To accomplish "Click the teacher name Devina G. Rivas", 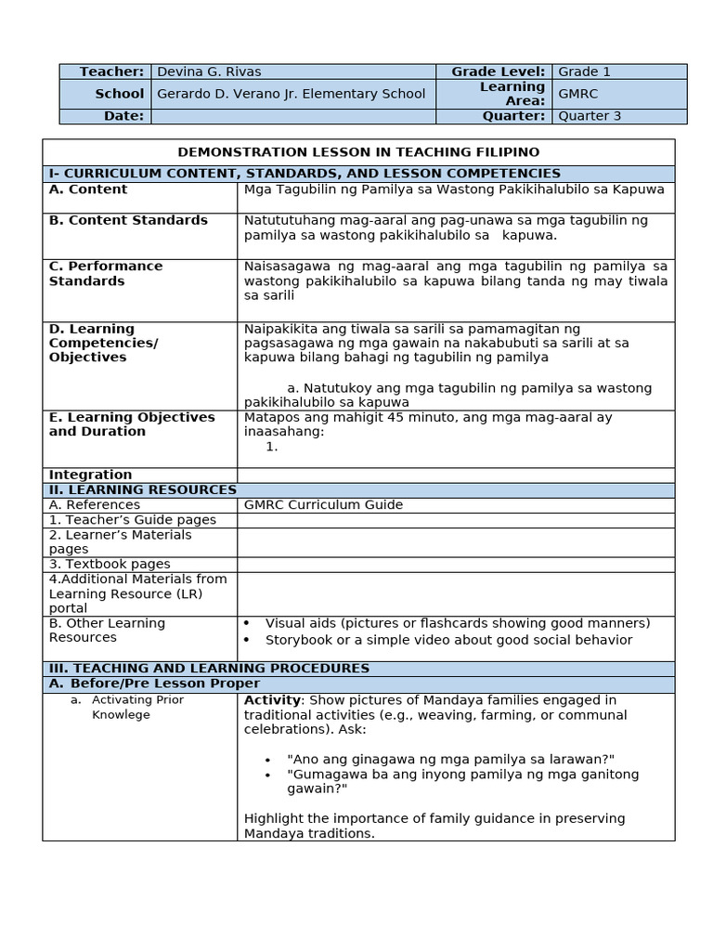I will point(209,72).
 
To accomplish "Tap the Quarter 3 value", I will point(590,116).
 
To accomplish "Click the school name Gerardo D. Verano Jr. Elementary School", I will point(292,93).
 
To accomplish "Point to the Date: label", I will point(124,116).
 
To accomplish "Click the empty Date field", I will point(292,116).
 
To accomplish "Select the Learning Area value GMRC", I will point(577,93).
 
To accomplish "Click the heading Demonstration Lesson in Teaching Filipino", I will point(358,152).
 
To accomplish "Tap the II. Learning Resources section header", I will point(143,489).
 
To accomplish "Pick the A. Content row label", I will point(88,189).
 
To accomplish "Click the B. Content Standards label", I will point(128,220).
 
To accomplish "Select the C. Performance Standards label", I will point(105,273).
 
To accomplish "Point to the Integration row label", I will point(90,475).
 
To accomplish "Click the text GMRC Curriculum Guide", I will point(323,504).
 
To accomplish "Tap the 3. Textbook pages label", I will point(110,564).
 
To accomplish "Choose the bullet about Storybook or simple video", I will point(448,639).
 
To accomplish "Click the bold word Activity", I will point(272,699).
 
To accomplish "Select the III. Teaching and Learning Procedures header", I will point(209,668).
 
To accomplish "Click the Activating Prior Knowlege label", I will point(137,707).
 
